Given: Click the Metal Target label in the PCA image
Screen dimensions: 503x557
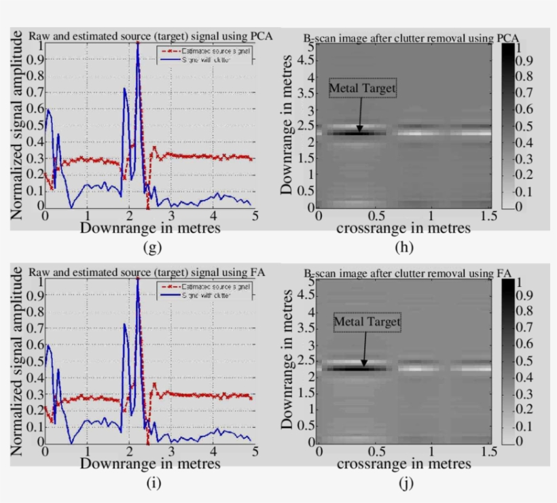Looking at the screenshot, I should point(362,88).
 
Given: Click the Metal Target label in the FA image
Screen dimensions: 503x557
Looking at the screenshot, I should point(367,322).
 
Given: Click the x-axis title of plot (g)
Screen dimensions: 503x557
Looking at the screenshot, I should point(150,228).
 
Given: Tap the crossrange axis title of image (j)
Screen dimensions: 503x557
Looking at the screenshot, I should point(403,464).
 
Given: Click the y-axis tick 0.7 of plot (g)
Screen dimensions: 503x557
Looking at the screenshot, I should point(33,94).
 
